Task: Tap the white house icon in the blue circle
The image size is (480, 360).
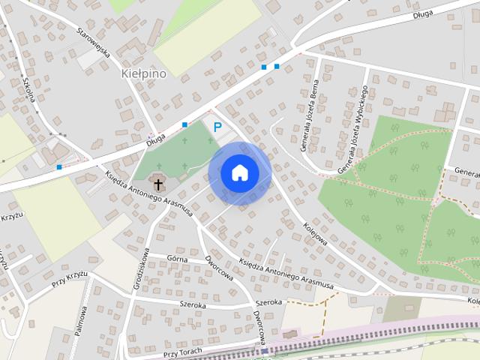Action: point(240,172)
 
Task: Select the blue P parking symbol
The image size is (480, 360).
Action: point(217,127)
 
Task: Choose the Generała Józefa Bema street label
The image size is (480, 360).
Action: point(310,116)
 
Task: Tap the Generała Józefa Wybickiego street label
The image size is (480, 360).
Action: point(352,129)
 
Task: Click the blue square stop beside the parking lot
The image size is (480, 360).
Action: point(184,124)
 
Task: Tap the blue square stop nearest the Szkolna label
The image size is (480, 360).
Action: point(59,166)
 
